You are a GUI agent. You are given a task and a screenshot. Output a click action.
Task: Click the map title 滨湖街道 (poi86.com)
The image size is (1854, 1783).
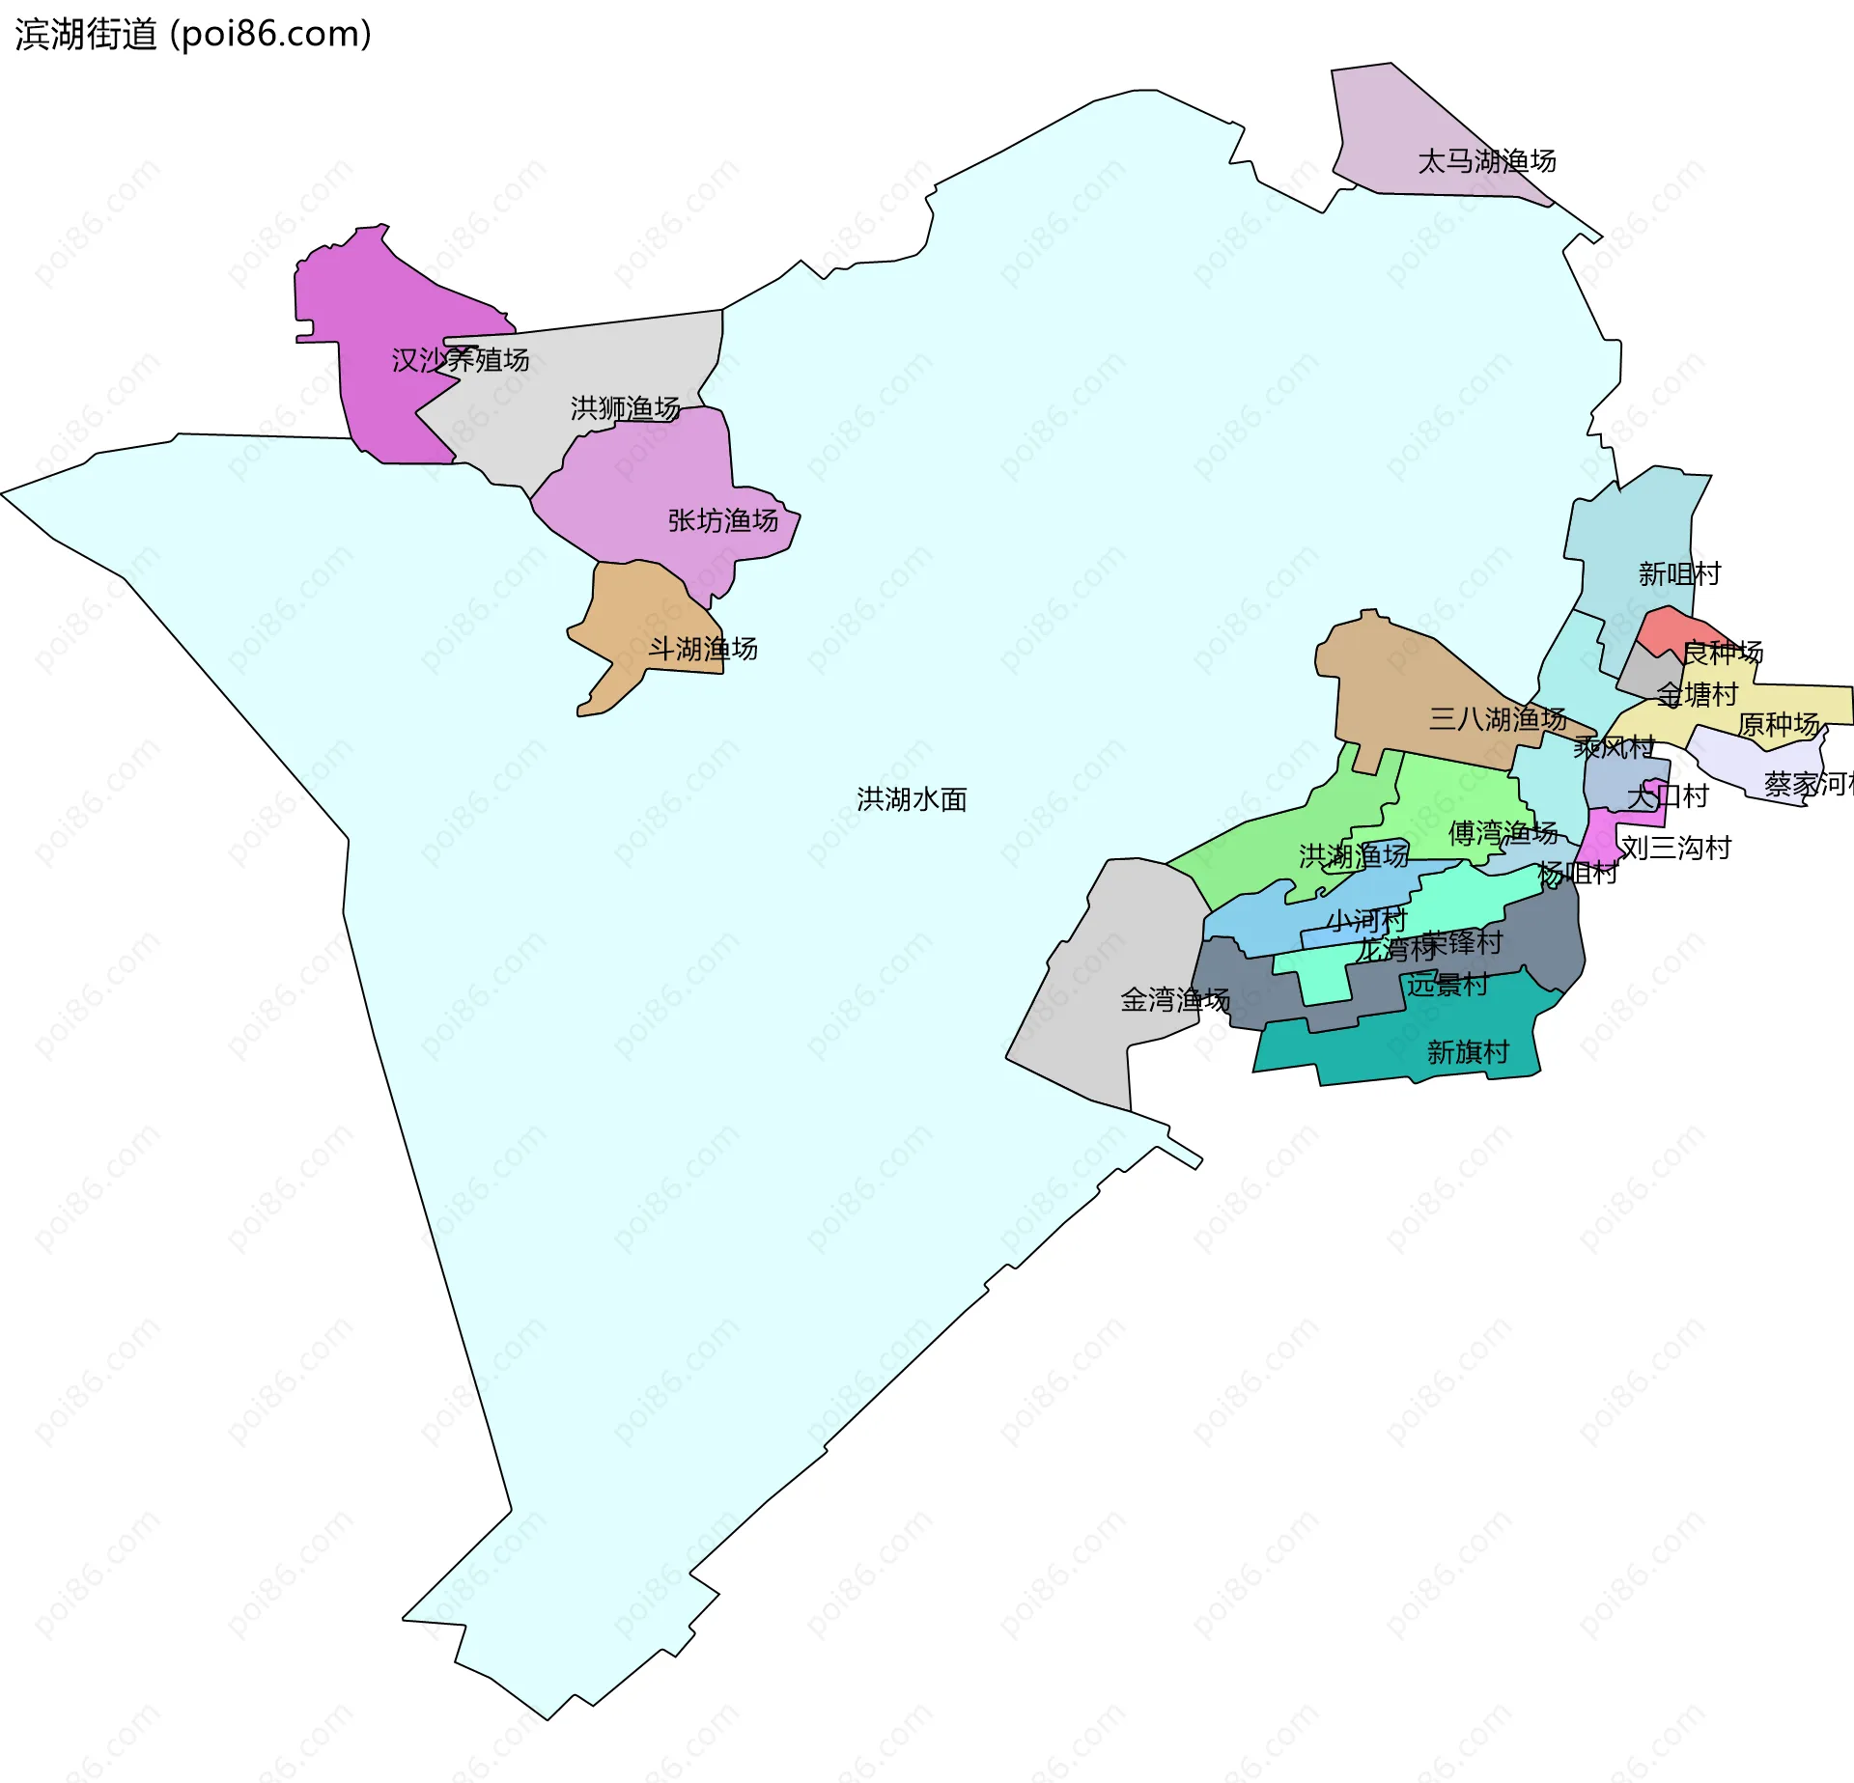[x=193, y=35]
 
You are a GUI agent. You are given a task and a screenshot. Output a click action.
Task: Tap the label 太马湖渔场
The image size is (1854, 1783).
[x=1486, y=161]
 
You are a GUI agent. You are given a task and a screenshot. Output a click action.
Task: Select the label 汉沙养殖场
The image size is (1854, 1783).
[x=461, y=360]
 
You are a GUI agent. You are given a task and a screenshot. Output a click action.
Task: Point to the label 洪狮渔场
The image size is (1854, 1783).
[x=625, y=408]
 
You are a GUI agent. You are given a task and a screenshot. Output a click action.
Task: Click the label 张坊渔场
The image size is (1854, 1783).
[x=723, y=520]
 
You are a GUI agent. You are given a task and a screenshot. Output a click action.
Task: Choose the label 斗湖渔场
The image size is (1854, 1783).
[x=702, y=649]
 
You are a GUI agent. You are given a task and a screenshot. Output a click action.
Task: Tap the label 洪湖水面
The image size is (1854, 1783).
[x=912, y=799]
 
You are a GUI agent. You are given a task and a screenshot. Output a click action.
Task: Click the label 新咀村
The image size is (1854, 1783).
[x=1679, y=574]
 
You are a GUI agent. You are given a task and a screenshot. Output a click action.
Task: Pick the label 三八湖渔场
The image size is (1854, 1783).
[x=1498, y=718]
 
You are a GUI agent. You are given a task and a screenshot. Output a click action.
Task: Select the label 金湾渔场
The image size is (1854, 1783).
[x=1174, y=1000]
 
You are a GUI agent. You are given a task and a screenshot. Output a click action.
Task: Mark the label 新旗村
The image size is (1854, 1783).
[x=1468, y=1052]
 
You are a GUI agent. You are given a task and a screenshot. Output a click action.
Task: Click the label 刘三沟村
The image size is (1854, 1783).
[x=1675, y=848]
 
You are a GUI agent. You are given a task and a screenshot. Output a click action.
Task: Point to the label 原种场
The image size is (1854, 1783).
[x=1779, y=724]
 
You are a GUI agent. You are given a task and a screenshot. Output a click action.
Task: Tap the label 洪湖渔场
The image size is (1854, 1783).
[x=1353, y=855]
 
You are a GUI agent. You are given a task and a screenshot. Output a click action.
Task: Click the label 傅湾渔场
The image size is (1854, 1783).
[x=1503, y=832]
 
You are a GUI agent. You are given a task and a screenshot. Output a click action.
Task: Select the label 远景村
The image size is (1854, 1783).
[x=1447, y=985]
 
